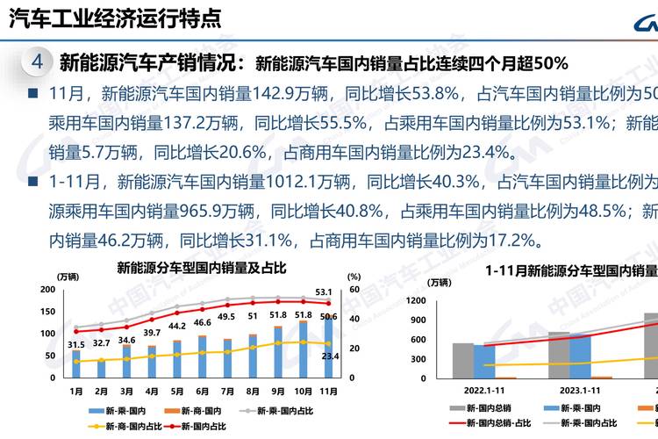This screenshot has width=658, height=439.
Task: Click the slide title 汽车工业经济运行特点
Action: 114,17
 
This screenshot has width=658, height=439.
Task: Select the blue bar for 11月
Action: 328,347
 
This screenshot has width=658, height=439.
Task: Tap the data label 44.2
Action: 176,327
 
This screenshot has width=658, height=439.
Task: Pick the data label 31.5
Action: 75,344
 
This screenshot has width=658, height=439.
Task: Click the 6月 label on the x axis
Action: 202,391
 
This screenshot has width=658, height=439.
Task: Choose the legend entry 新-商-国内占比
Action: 131,426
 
